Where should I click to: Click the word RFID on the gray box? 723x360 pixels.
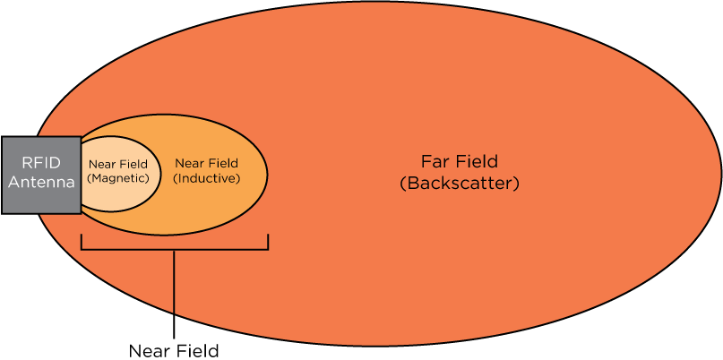[x=39, y=163]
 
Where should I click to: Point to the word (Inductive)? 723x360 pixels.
[x=207, y=178]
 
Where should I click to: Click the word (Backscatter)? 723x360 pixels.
[x=459, y=184]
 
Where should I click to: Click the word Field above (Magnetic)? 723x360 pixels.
[x=133, y=164]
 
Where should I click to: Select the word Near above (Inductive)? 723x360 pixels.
[x=191, y=163]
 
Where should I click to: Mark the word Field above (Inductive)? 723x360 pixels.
[x=224, y=163]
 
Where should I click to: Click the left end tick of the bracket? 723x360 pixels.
[x=82, y=242]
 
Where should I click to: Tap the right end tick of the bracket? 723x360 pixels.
[x=267, y=242]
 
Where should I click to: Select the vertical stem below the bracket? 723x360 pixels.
[x=174, y=281]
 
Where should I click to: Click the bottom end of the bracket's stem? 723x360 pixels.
[x=174, y=313]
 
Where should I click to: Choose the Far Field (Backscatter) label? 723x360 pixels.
[x=459, y=173]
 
